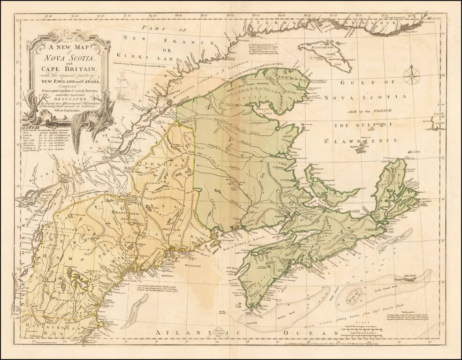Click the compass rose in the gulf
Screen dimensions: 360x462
tap(414, 75)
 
